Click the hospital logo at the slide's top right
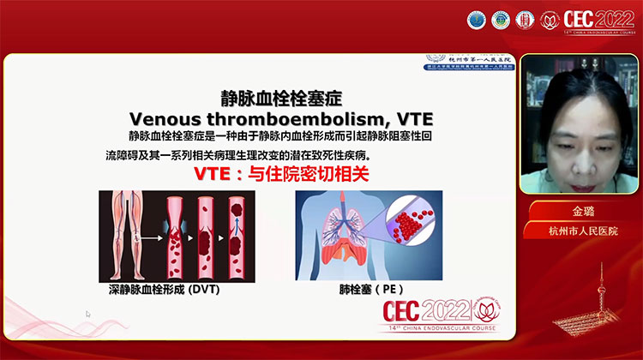471,63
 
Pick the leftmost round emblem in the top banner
476,20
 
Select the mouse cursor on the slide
87,315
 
